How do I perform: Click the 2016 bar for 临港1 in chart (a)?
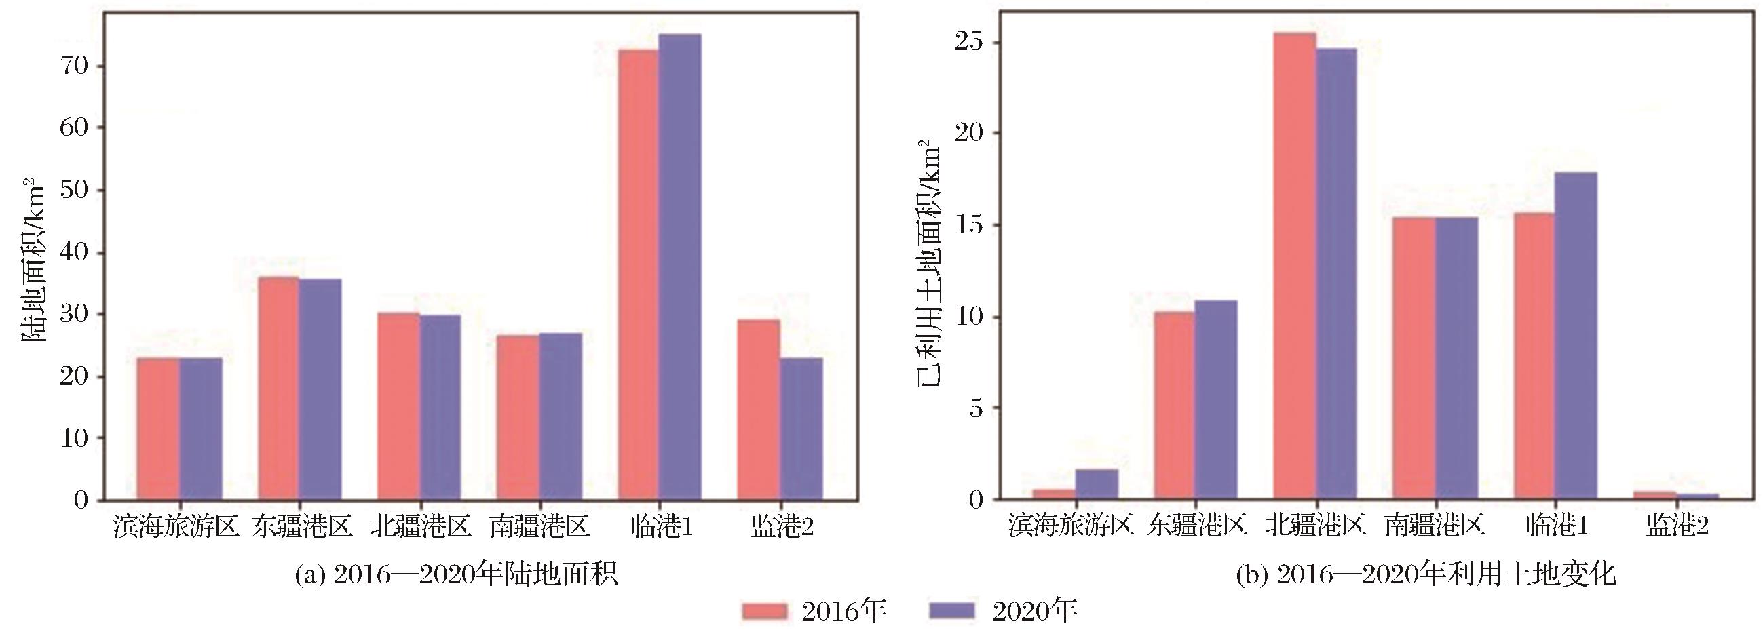pos(638,273)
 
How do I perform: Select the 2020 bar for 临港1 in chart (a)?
pos(679,267)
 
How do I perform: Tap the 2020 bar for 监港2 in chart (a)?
pos(801,428)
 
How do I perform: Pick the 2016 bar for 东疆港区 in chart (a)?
pos(278,388)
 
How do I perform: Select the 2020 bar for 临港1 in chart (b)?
pos(1576,335)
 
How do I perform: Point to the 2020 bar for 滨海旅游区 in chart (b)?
pos(1097,484)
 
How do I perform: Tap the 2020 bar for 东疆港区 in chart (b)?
pos(1215,399)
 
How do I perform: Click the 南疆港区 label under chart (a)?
pos(539,527)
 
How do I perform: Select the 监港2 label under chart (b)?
pos(1677,526)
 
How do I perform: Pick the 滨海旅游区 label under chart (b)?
pos(1072,526)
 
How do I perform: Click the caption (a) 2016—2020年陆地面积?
pos(457,574)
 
